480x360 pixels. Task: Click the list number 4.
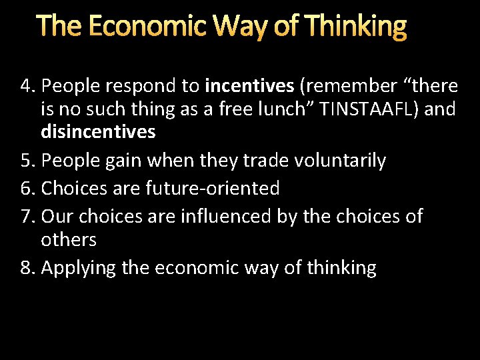pyautogui.click(x=27, y=86)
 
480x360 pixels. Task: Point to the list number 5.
pyautogui.click(x=26, y=161)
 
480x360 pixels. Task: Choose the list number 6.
pyautogui.click(x=27, y=189)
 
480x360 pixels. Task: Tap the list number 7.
pyautogui.click(x=27, y=216)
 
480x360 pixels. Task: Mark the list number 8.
pyautogui.click(x=27, y=268)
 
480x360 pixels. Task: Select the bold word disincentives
pyautogui.click(x=98, y=132)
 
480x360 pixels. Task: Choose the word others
pyautogui.click(x=69, y=239)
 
